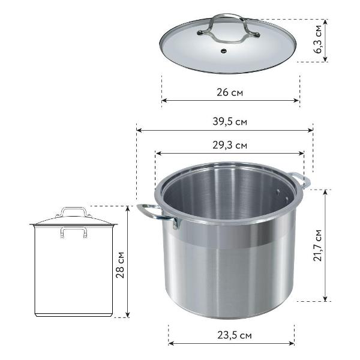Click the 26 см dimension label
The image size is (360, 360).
(x=231, y=93)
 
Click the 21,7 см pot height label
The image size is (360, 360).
(x=319, y=244)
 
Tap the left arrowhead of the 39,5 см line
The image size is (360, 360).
(x=139, y=130)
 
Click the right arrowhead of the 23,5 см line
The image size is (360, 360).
(x=292, y=344)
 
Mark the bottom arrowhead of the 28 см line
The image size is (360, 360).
(x=128, y=314)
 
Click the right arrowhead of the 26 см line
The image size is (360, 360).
(x=297, y=101)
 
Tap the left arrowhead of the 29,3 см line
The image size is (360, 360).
(x=158, y=154)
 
